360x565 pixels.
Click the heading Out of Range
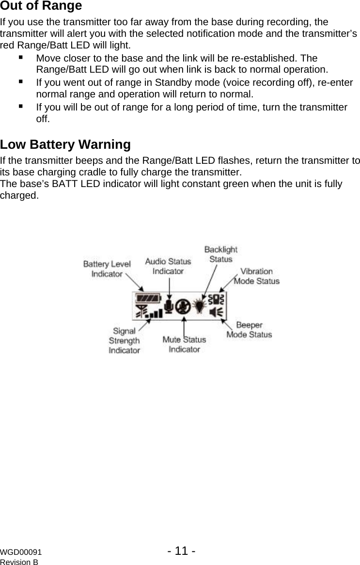pos(41,6)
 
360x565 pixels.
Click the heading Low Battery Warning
pos(65,145)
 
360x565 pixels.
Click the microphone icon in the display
pos(169,306)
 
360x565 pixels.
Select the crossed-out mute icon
pos(183,306)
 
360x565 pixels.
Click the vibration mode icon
pos(219,299)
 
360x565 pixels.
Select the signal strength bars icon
pos(149,312)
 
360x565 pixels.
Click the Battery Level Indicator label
pos(107,269)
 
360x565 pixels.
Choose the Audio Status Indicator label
pos(168,266)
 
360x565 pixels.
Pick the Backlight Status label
pos(220,254)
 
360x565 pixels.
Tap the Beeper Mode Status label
pos(249,330)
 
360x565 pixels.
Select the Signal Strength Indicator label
pos(124,341)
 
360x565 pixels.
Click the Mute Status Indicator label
pos(184,344)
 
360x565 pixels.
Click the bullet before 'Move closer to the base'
pos(21,57)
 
